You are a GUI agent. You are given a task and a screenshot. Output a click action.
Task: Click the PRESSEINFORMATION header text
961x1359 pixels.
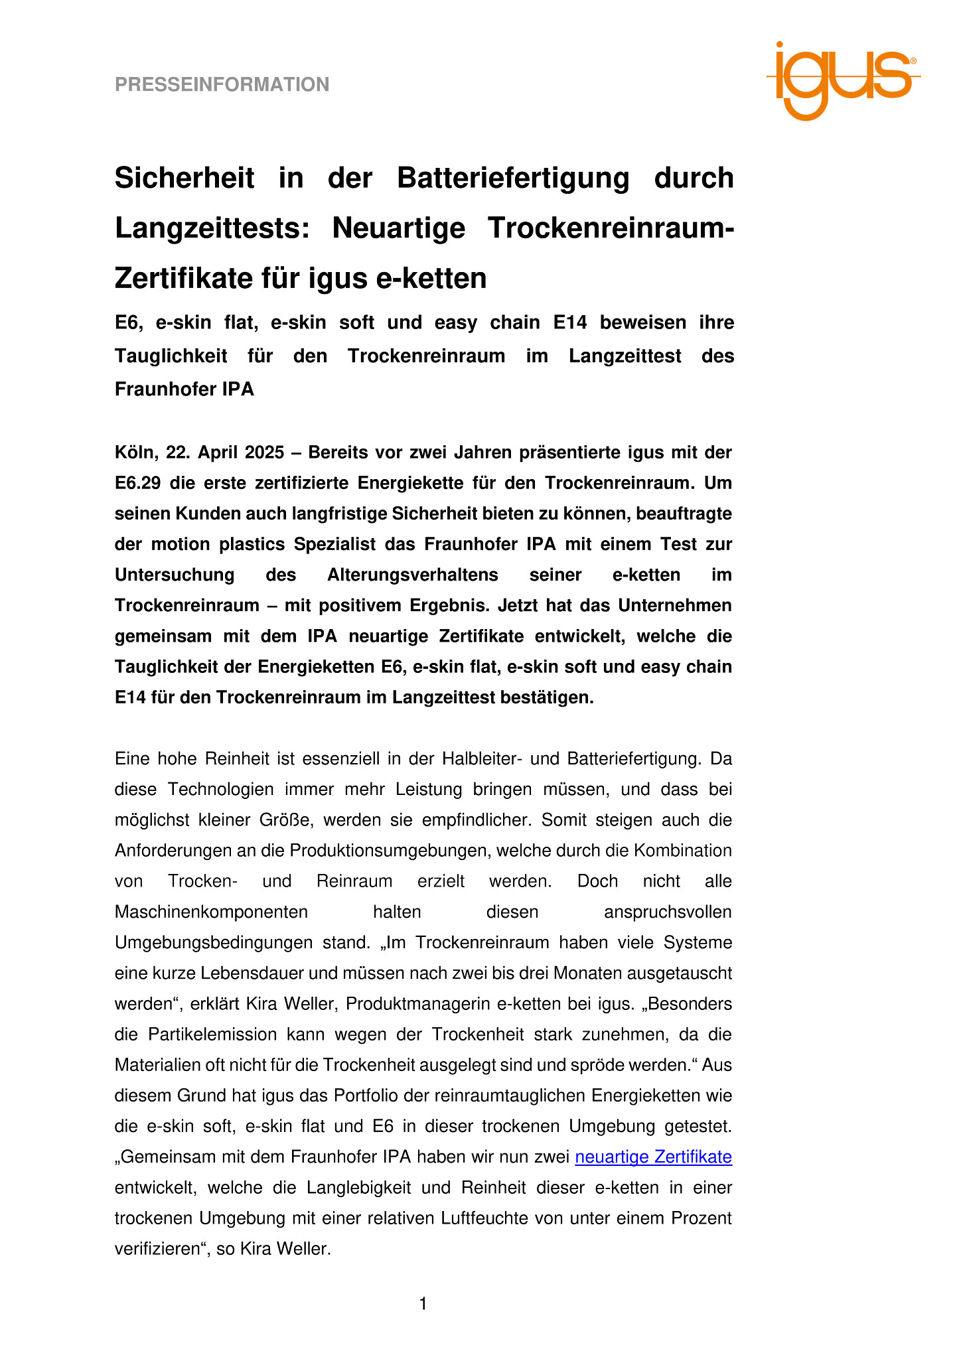pyautogui.click(x=222, y=85)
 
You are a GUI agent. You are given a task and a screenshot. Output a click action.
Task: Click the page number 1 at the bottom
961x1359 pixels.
pyautogui.click(x=423, y=1304)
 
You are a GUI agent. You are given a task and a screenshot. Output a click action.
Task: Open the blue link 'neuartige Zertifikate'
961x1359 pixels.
pyautogui.click(x=653, y=1157)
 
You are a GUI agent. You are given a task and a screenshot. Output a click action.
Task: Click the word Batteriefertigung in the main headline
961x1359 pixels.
pyautogui.click(x=513, y=179)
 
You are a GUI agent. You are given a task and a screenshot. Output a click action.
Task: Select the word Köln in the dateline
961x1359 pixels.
pyautogui.click(x=135, y=453)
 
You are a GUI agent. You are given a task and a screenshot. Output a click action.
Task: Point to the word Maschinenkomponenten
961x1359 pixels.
pyautogui.click(x=211, y=912)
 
